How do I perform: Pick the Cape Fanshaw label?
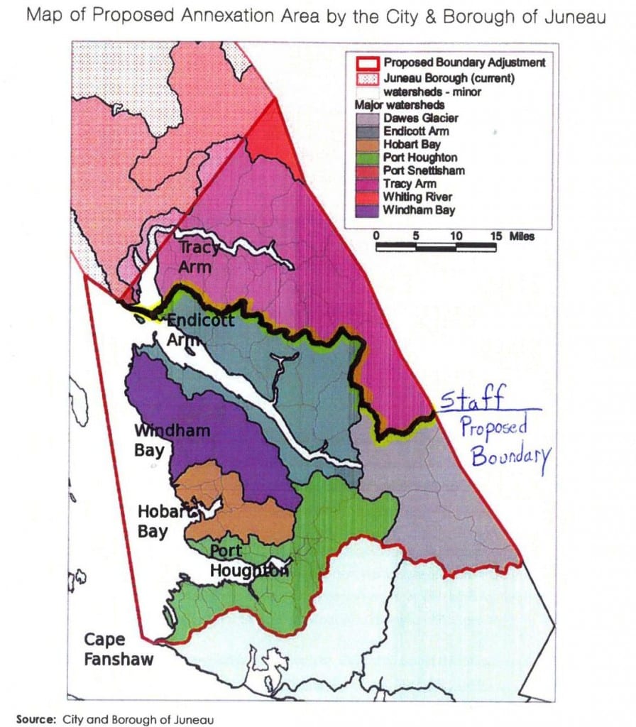pos(118,650)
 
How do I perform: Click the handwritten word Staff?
pos(472,400)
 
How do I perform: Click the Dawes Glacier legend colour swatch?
pos(366,119)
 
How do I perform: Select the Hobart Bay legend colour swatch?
pos(366,145)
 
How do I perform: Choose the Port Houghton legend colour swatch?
pos(366,158)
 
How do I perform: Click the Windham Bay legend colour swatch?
pos(366,210)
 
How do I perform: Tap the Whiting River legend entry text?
pos(417,197)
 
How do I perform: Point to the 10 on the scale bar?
pos(456,236)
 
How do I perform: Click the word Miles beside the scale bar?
pos(521,236)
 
